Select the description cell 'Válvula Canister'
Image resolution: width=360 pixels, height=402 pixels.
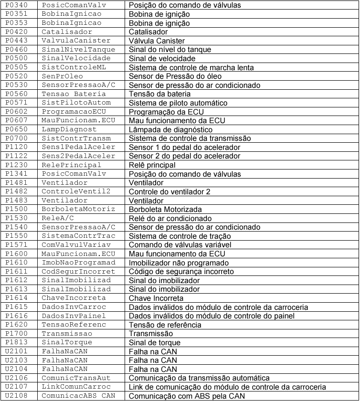(x=157, y=41)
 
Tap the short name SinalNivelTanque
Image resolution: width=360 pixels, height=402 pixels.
(x=78, y=50)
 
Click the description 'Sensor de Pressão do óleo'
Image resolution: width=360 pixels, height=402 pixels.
(x=175, y=76)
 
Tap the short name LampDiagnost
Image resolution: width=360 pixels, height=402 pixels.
(x=69, y=129)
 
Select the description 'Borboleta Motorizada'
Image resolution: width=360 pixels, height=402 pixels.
(x=165, y=210)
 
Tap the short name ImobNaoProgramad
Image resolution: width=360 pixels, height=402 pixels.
(x=78, y=263)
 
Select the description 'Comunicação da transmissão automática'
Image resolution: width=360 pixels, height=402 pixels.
(x=199, y=378)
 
